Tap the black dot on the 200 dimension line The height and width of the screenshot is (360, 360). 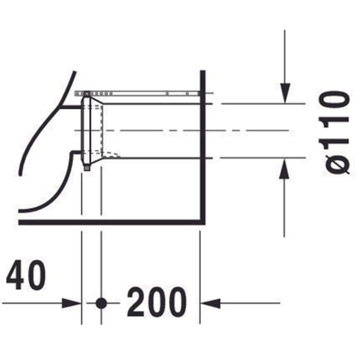click(103, 301)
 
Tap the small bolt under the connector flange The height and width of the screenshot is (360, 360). click(86, 167)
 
